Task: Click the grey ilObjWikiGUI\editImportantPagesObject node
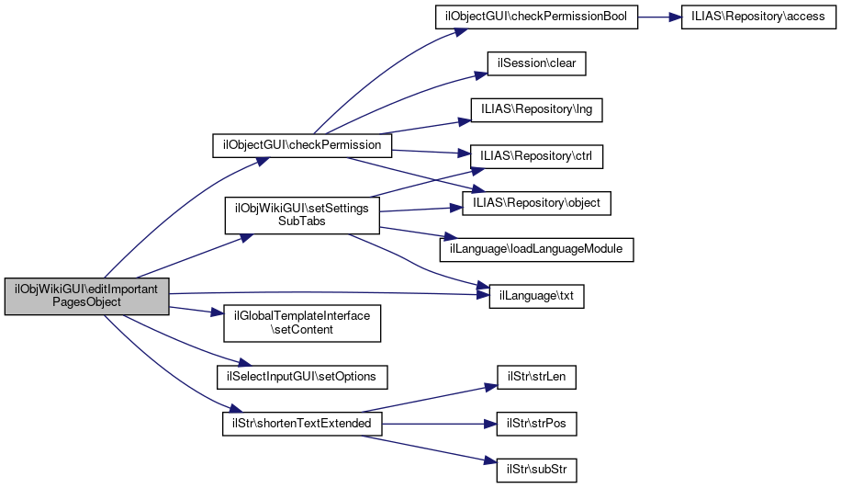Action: [87, 295]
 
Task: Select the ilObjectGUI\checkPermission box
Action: [302, 145]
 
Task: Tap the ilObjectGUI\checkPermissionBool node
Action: [535, 17]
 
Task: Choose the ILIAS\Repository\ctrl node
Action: [536, 156]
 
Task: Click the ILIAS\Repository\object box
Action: [536, 202]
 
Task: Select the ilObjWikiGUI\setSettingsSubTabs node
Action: [302, 215]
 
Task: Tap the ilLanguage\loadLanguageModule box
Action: [536, 249]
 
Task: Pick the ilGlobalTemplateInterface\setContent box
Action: [302, 322]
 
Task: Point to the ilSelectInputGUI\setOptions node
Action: [302, 376]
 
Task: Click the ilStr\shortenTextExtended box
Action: [302, 423]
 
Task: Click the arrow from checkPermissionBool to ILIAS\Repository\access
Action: [659, 17]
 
